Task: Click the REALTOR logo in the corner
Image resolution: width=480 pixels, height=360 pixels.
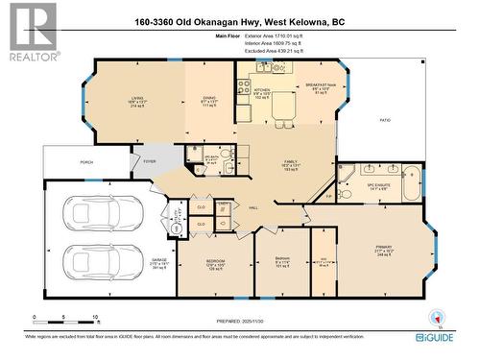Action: click(31, 33)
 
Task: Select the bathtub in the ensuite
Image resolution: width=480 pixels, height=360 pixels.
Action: click(410, 180)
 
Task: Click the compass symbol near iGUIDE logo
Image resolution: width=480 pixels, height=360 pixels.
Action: click(440, 314)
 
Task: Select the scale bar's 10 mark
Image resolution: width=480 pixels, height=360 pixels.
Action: click(95, 317)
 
